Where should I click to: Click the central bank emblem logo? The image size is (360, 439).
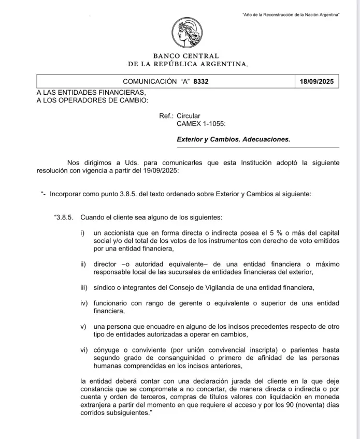click(x=188, y=33)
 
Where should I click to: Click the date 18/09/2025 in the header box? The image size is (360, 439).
click(x=318, y=82)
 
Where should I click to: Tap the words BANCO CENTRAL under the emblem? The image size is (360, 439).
click(x=186, y=56)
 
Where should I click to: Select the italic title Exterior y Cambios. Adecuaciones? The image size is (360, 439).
click(x=234, y=140)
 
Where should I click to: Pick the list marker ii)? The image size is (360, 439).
click(x=83, y=264)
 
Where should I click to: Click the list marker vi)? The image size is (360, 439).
click(x=84, y=350)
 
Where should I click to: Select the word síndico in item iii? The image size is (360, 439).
click(x=105, y=287)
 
